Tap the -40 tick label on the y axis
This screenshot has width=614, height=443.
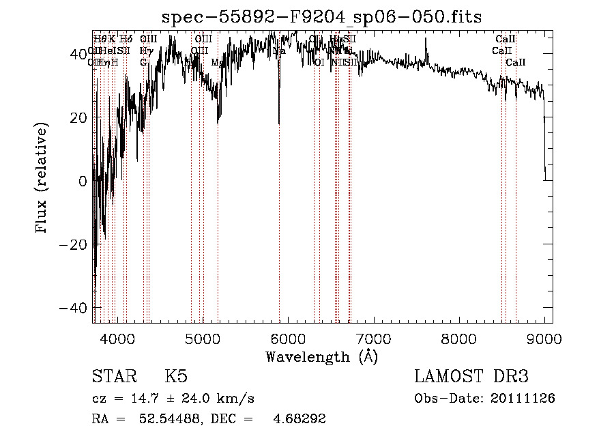[x=72, y=308]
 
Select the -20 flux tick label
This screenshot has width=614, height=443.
[x=72, y=244]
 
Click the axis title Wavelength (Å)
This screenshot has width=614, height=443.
[x=321, y=356]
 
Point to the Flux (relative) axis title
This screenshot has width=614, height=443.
[x=43, y=177]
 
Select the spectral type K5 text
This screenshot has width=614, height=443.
[x=175, y=377]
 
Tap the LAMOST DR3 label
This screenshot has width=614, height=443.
[x=471, y=377]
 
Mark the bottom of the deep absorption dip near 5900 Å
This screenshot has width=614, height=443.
[x=279, y=124]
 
